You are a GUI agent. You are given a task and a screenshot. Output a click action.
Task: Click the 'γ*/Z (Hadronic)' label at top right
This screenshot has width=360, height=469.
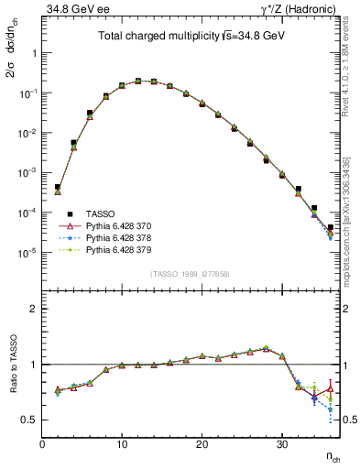click(x=298, y=10)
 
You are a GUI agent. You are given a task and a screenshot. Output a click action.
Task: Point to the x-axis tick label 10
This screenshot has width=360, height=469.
click(x=121, y=444)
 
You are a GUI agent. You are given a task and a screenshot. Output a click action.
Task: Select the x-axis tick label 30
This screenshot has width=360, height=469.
click(x=282, y=444)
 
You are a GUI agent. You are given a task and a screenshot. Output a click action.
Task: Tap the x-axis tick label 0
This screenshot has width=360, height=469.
click(x=41, y=444)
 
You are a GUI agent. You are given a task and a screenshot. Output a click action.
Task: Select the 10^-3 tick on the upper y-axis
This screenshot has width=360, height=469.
click(x=29, y=172)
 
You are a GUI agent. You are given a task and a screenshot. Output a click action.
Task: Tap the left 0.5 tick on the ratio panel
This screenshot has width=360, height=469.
click(x=30, y=420)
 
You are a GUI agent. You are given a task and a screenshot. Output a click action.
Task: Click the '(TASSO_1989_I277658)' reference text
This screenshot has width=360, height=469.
click(x=190, y=274)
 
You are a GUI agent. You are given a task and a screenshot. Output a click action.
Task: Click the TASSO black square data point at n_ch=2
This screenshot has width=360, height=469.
click(x=57, y=187)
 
